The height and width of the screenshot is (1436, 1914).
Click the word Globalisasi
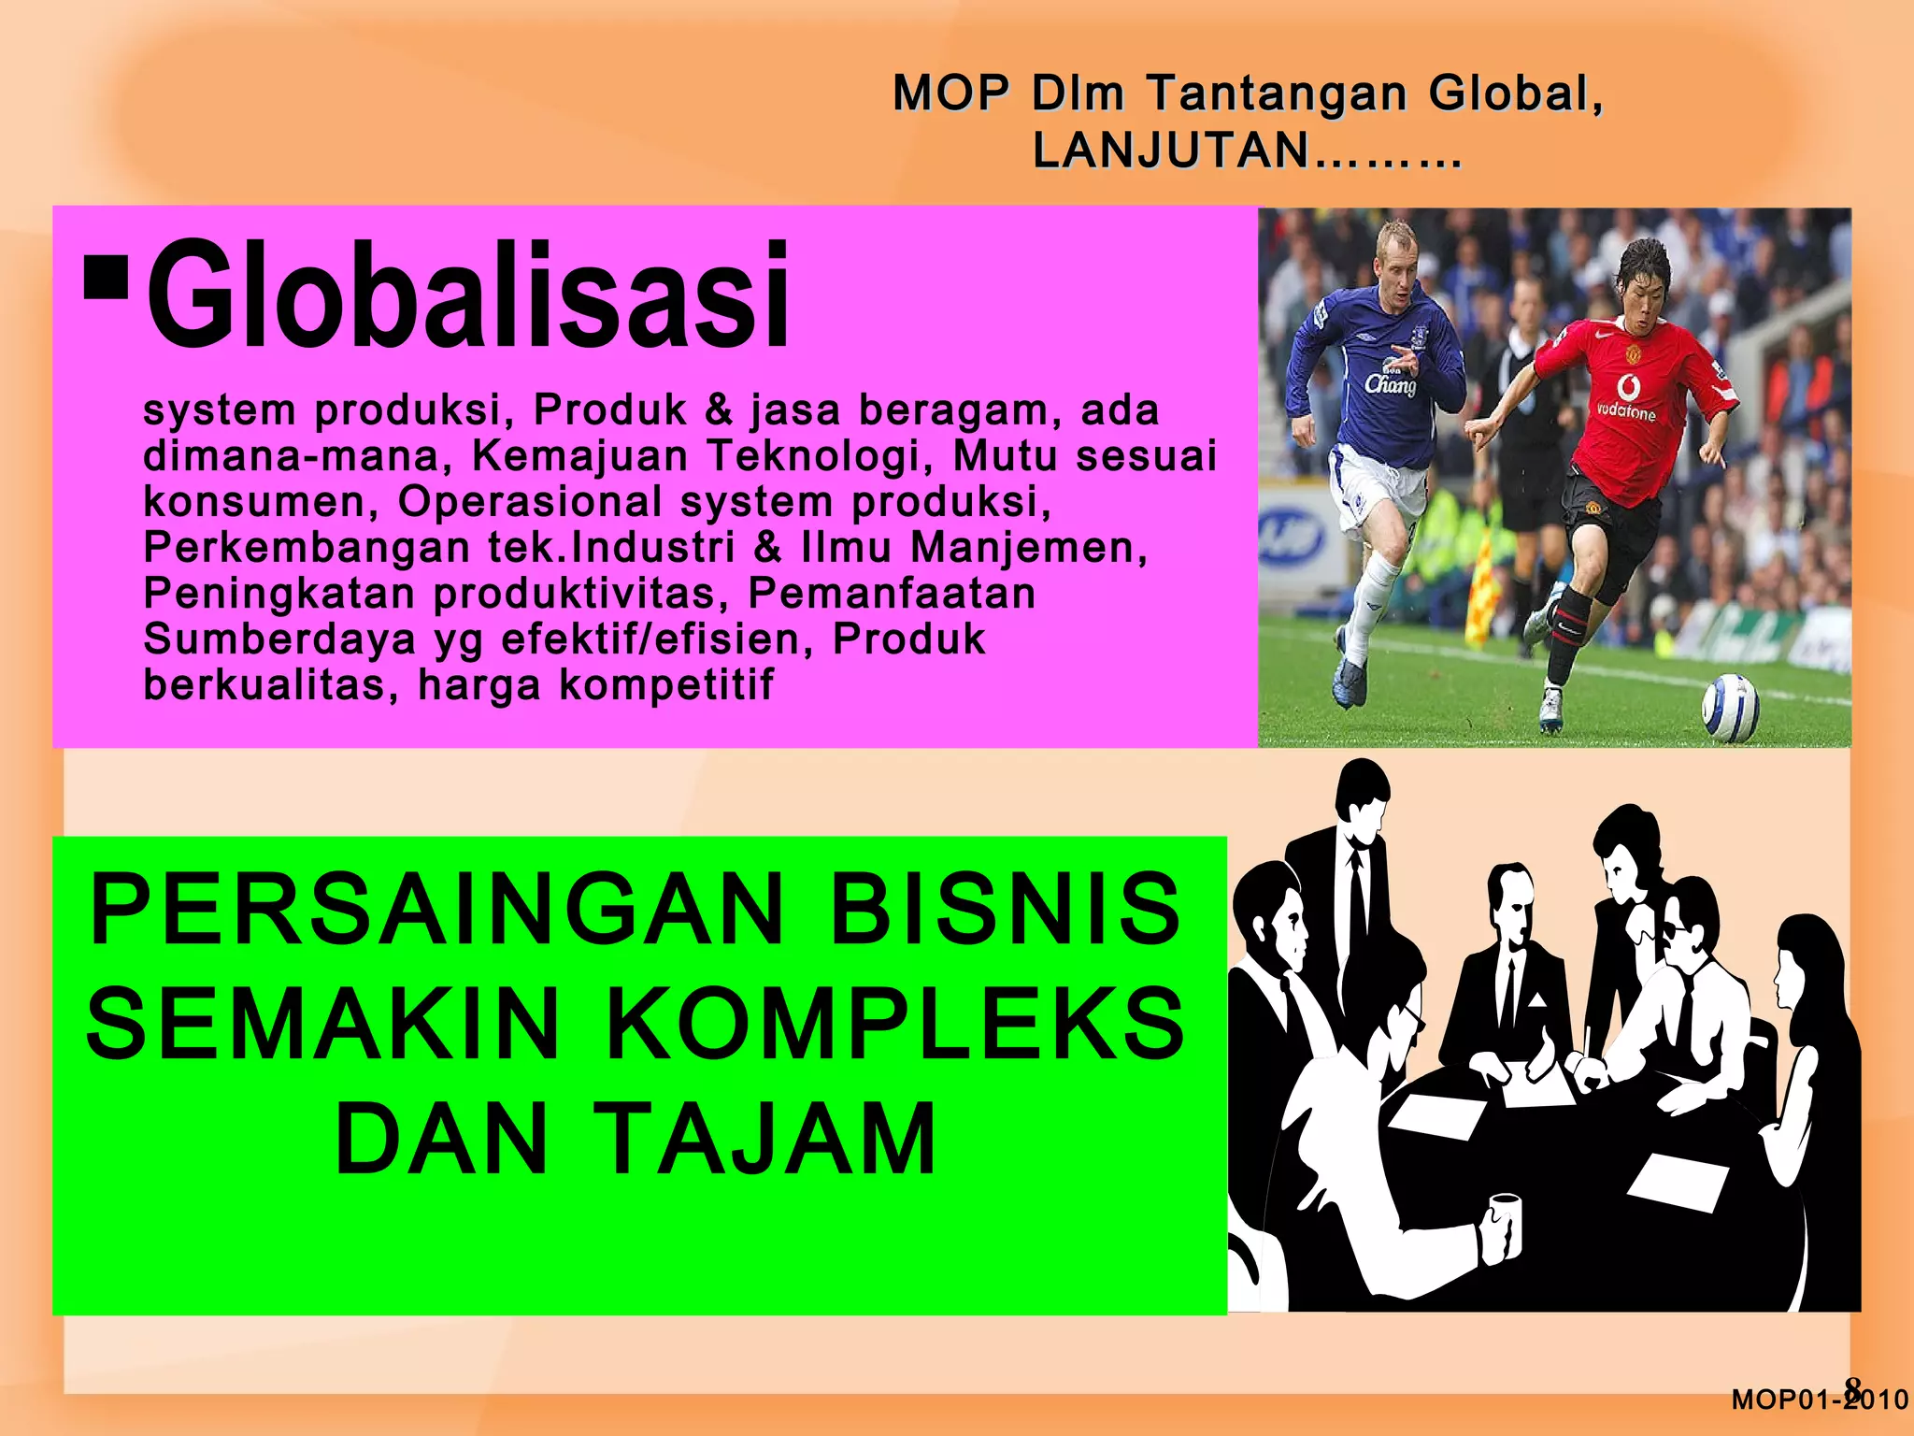(x=467, y=294)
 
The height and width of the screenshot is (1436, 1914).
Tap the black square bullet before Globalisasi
(x=106, y=276)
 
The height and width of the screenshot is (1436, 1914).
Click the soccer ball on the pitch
(x=1730, y=708)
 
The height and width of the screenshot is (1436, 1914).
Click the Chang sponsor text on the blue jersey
(x=1390, y=383)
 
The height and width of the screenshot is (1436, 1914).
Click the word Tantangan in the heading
(x=1277, y=93)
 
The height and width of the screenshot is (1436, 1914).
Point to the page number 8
(x=1852, y=1387)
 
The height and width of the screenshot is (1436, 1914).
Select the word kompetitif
(x=666, y=685)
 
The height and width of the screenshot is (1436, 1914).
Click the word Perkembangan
(x=307, y=548)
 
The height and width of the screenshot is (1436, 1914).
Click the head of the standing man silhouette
(x=1363, y=790)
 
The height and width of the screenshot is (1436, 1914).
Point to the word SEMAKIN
(x=322, y=1025)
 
